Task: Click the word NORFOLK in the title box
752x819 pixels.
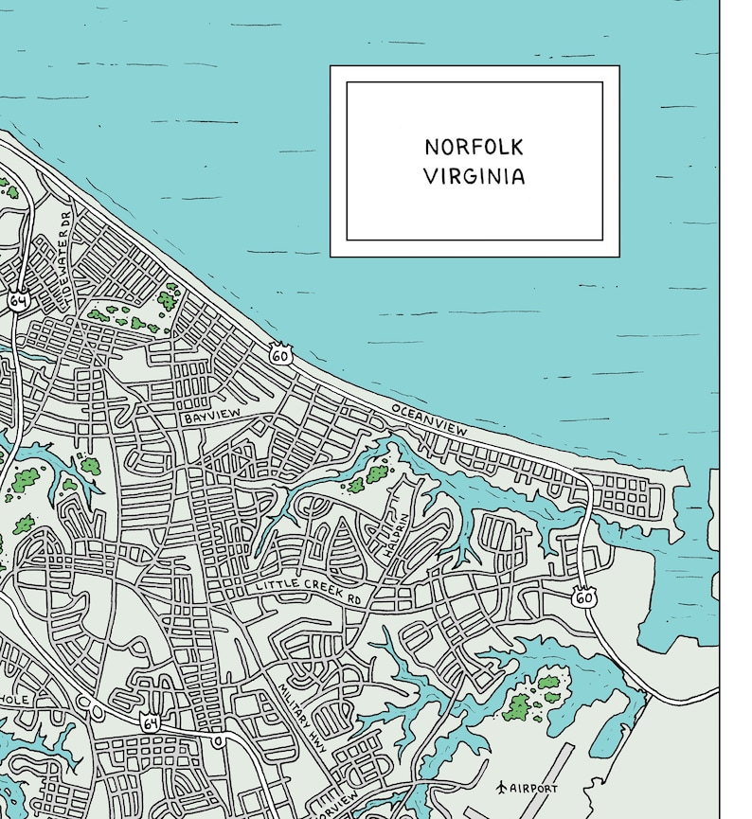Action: (x=474, y=148)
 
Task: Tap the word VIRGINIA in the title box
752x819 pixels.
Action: (x=474, y=177)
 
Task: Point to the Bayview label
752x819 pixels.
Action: (x=213, y=417)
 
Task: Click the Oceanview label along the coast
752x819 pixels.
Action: (x=429, y=419)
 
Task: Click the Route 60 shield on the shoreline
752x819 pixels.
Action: (x=279, y=355)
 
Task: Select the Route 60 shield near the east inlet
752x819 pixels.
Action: (x=584, y=597)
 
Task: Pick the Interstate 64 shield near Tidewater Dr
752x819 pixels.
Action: (x=18, y=300)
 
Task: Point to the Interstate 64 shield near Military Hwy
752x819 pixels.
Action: (x=150, y=722)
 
